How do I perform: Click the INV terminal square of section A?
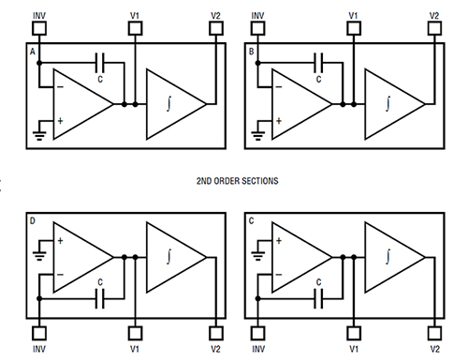39,29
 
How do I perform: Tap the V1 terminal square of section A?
137,29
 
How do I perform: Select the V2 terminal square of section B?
434,29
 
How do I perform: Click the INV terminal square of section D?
39,333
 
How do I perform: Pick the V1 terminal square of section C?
353,333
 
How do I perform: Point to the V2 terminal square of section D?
216,333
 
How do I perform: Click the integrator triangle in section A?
173,103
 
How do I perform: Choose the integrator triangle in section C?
391,258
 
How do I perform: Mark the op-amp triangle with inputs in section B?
300,103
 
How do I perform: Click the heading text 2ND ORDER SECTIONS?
234,178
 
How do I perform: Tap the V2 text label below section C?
434,350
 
